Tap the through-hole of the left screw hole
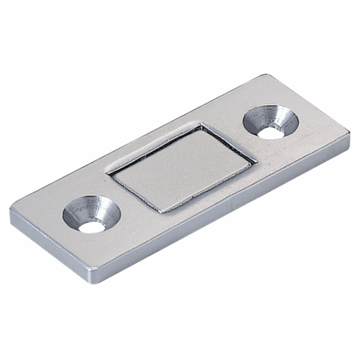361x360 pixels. (91, 226)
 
